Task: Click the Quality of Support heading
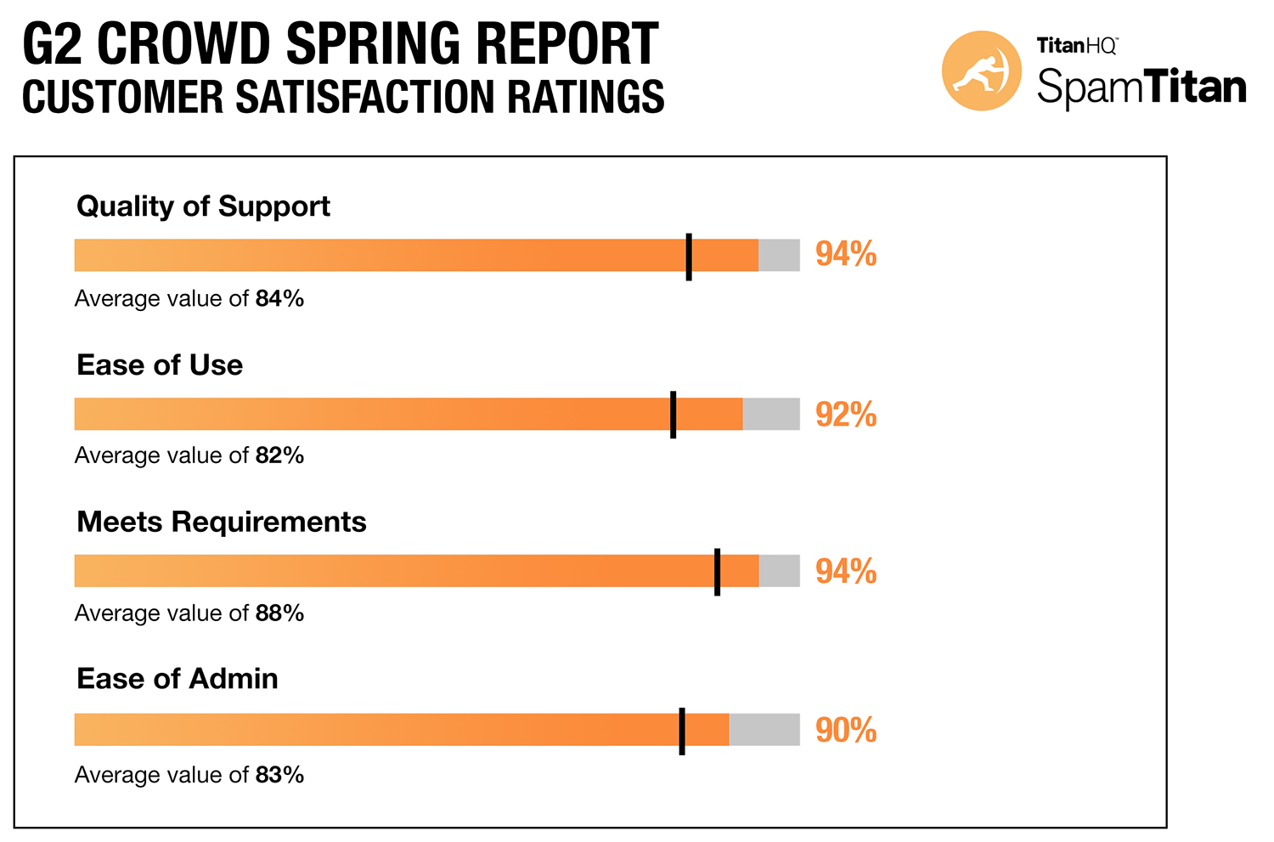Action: click(203, 206)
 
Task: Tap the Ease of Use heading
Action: click(160, 365)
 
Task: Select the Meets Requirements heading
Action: click(222, 522)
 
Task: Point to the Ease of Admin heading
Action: click(178, 679)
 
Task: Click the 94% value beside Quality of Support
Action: click(846, 255)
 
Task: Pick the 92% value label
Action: click(846, 415)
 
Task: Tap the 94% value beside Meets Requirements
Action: click(846, 572)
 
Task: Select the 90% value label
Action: click(846, 731)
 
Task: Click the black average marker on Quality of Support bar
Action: click(689, 257)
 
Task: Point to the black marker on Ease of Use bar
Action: click(674, 415)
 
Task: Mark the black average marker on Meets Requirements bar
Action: click(718, 572)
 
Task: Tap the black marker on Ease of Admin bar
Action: click(682, 731)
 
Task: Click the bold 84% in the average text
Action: click(279, 299)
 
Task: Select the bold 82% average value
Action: click(279, 456)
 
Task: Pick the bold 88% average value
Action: click(279, 613)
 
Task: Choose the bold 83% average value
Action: click(279, 775)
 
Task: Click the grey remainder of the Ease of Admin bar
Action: click(764, 730)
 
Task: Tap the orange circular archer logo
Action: click(982, 71)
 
